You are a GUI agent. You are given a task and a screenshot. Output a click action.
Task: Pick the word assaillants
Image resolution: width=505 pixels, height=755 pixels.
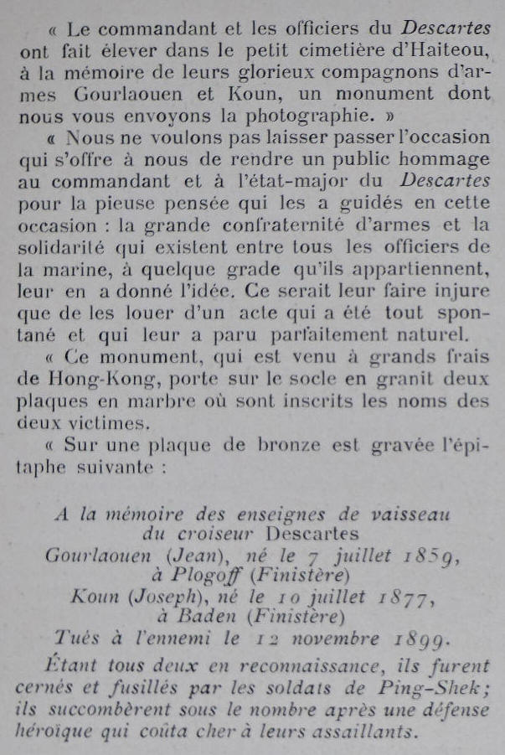pyautogui.click(x=368, y=732)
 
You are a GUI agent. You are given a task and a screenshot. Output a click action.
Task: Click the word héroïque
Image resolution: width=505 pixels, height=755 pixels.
pyautogui.click(x=54, y=732)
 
